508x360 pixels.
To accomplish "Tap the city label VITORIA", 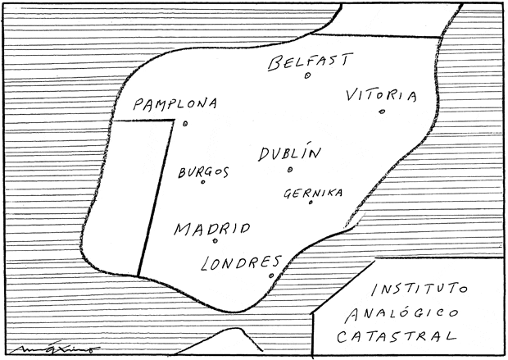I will (x=381, y=95).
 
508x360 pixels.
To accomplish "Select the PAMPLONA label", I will (x=175, y=105).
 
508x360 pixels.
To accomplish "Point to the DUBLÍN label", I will (x=289, y=153).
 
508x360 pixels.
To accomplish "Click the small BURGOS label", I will (x=202, y=171).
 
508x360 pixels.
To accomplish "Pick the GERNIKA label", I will (x=312, y=194).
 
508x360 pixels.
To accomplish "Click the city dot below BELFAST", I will (x=307, y=76).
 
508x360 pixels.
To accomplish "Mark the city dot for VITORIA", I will (x=382, y=112).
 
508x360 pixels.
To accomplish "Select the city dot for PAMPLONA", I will (x=185, y=124).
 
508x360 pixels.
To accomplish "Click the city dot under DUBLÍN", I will (x=290, y=170).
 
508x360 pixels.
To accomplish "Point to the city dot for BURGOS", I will (x=202, y=182).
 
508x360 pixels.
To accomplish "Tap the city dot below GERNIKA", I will (x=311, y=203).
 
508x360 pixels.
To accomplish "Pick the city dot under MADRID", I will (x=215, y=241).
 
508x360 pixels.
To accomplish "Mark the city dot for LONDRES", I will (x=271, y=276).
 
